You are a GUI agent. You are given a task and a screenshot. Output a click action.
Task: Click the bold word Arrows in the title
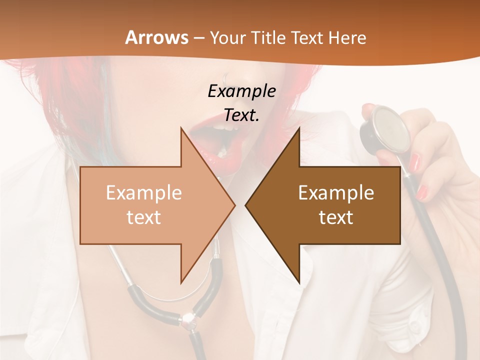click(156, 37)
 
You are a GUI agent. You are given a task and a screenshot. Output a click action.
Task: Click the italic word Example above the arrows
click(241, 91)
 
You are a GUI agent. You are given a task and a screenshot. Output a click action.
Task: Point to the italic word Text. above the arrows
click(241, 115)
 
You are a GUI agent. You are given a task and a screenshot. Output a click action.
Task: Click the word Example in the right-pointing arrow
click(143, 193)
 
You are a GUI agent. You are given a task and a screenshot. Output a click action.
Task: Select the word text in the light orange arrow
click(143, 217)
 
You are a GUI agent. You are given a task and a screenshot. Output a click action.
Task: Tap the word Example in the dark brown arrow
click(336, 193)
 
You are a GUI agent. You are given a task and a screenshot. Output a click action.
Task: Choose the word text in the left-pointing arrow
click(336, 217)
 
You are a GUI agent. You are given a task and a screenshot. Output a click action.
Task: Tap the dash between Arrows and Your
click(198, 38)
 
